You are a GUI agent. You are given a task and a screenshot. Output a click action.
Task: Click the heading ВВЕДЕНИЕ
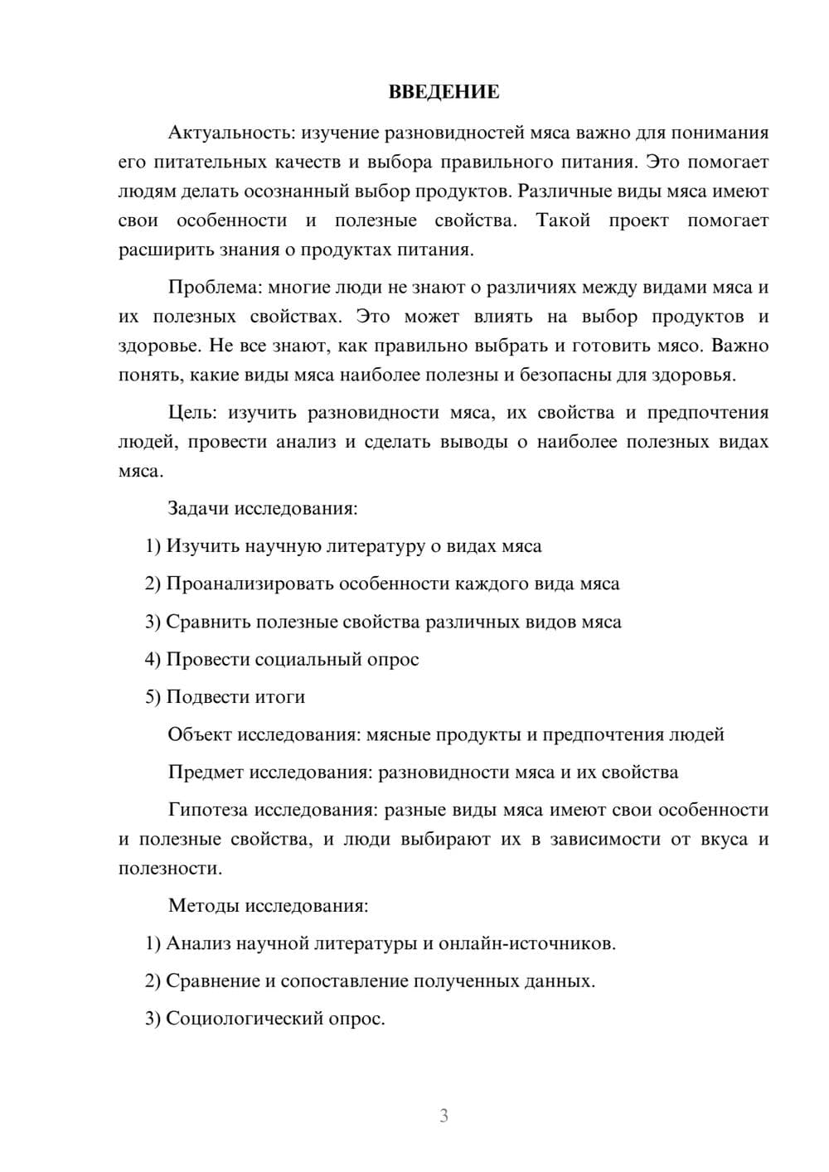tap(444, 92)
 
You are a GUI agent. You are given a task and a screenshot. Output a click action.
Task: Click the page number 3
tap(444, 1116)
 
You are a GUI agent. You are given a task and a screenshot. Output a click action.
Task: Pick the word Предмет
tap(206, 772)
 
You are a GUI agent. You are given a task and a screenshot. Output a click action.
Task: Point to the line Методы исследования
tap(268, 905)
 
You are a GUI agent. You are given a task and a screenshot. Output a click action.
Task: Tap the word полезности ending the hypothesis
tap(169, 869)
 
